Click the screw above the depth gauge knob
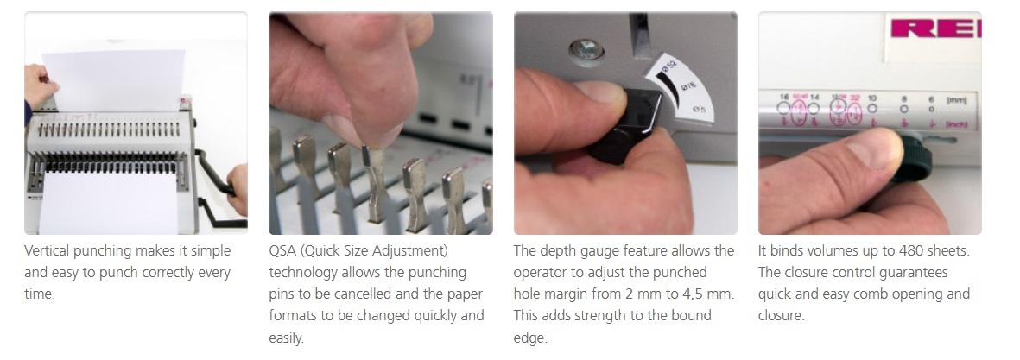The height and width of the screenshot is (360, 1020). point(586,49)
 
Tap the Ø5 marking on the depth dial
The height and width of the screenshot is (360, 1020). point(700,109)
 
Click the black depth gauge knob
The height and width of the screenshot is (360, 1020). point(625,126)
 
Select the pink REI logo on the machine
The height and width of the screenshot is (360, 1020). point(935,28)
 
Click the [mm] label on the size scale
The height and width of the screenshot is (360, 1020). point(956,100)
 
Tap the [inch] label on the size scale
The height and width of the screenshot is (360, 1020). point(956,123)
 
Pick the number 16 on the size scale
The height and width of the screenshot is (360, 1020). point(784,97)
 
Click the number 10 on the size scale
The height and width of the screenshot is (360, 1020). point(872,98)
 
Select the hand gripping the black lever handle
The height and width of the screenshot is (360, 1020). point(238,188)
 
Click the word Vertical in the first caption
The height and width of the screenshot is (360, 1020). point(47,251)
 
